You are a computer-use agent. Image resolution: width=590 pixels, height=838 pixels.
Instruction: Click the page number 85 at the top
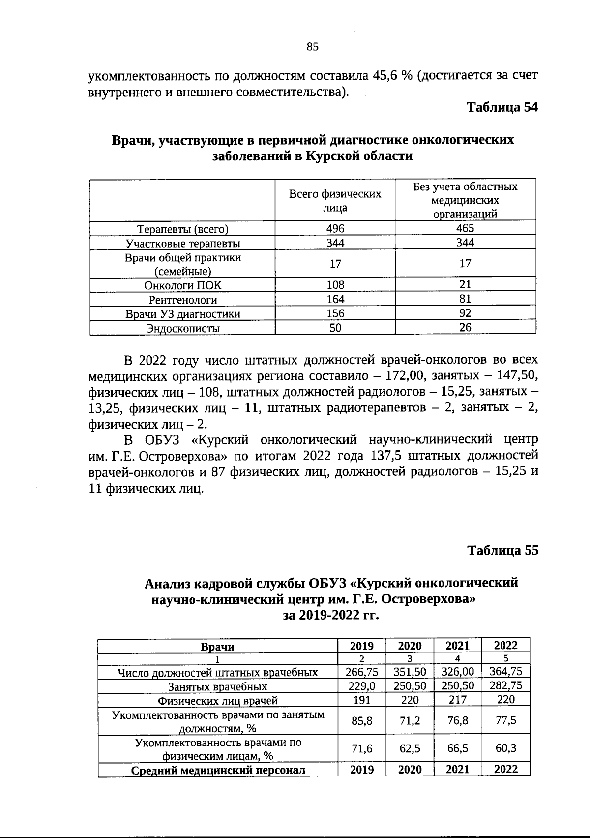pyautogui.click(x=313, y=47)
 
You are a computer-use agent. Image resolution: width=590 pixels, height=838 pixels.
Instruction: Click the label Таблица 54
pyautogui.click(x=502, y=108)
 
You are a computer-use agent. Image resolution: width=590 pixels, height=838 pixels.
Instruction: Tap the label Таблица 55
pyautogui.click(x=502, y=550)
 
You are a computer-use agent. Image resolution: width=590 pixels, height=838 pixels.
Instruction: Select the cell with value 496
pyautogui.click(x=335, y=228)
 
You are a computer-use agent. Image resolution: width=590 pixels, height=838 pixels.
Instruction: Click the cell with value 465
pyautogui.click(x=465, y=228)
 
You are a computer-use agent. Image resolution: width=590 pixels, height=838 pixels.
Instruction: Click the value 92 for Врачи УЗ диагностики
pyautogui.click(x=465, y=313)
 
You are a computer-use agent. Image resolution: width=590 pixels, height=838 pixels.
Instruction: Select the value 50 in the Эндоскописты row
pyautogui.click(x=335, y=328)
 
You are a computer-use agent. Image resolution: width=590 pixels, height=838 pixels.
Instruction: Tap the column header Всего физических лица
pyautogui.click(x=335, y=201)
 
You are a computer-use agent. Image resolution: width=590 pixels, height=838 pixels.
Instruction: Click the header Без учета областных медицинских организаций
pyautogui.click(x=465, y=200)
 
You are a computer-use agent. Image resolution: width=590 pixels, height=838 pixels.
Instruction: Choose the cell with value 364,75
pyautogui.click(x=506, y=672)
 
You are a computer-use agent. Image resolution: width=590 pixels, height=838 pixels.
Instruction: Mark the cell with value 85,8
pyautogui.click(x=362, y=721)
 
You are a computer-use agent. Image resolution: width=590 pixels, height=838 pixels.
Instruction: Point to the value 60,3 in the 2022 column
pyautogui.click(x=506, y=748)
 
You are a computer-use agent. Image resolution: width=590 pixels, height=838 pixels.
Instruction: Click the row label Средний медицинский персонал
pyautogui.click(x=218, y=770)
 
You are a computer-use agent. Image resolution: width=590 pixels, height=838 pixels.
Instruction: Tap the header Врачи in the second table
pyautogui.click(x=218, y=647)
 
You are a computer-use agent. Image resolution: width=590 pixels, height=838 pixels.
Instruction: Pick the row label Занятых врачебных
pyautogui.click(x=218, y=686)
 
